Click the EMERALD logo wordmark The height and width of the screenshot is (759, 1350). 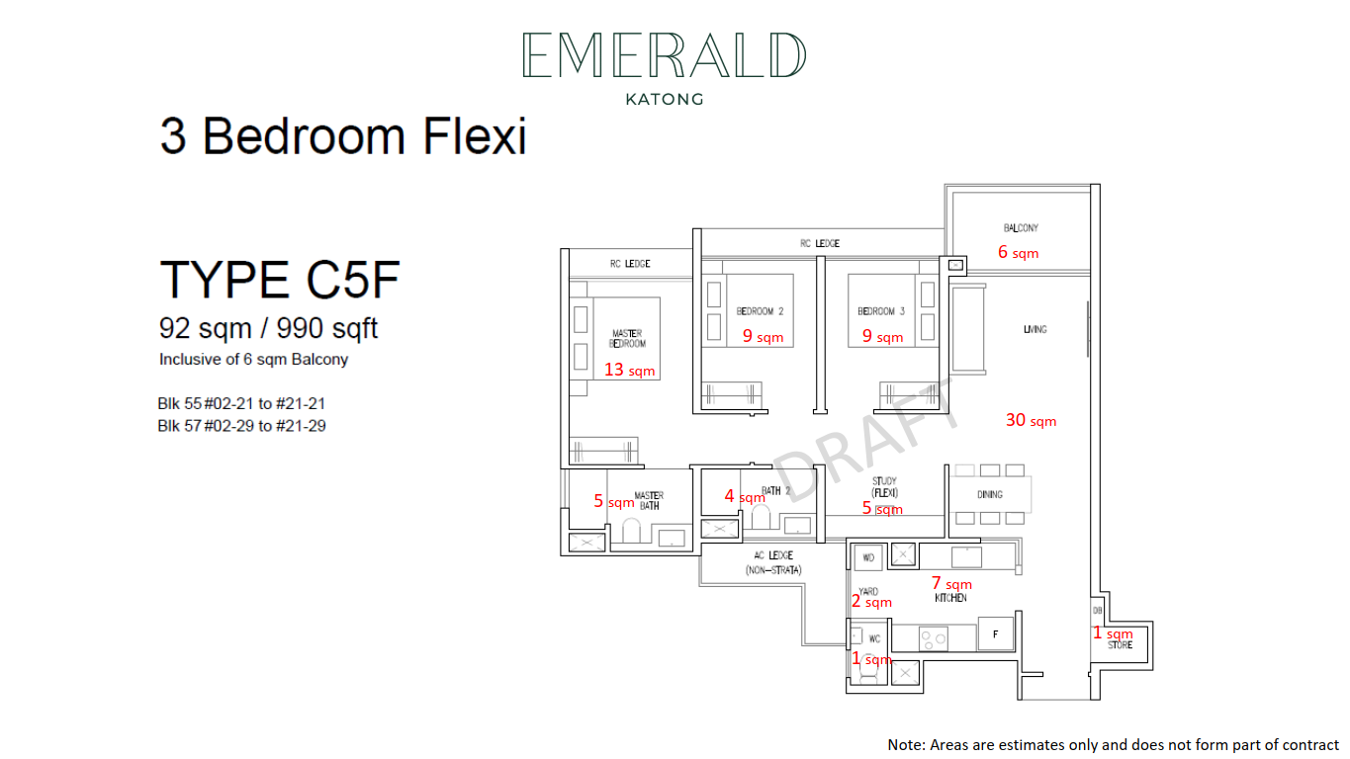665,54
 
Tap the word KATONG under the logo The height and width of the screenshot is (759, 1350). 665,100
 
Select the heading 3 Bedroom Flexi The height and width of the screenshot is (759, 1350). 343,136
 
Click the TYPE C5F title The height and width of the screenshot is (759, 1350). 280,280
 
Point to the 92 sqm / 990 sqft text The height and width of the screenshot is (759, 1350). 268,328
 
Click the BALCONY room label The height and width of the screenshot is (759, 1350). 1021,227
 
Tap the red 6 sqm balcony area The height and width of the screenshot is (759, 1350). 1018,252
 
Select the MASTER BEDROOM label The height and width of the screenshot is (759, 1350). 627,339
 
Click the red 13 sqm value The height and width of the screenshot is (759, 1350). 629,370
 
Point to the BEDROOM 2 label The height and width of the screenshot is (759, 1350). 760,311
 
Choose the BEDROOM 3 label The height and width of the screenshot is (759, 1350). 881,311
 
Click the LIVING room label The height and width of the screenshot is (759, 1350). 1035,329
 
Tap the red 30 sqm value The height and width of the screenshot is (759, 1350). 1031,420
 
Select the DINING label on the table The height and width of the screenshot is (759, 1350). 990,494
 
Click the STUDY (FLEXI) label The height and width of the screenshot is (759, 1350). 884,486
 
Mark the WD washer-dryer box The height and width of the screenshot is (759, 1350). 868,557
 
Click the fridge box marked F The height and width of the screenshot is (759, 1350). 995,633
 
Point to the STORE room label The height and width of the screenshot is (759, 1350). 1120,645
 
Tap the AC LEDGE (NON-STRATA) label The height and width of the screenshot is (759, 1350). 773,562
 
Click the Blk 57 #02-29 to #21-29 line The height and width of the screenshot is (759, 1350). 241,426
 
